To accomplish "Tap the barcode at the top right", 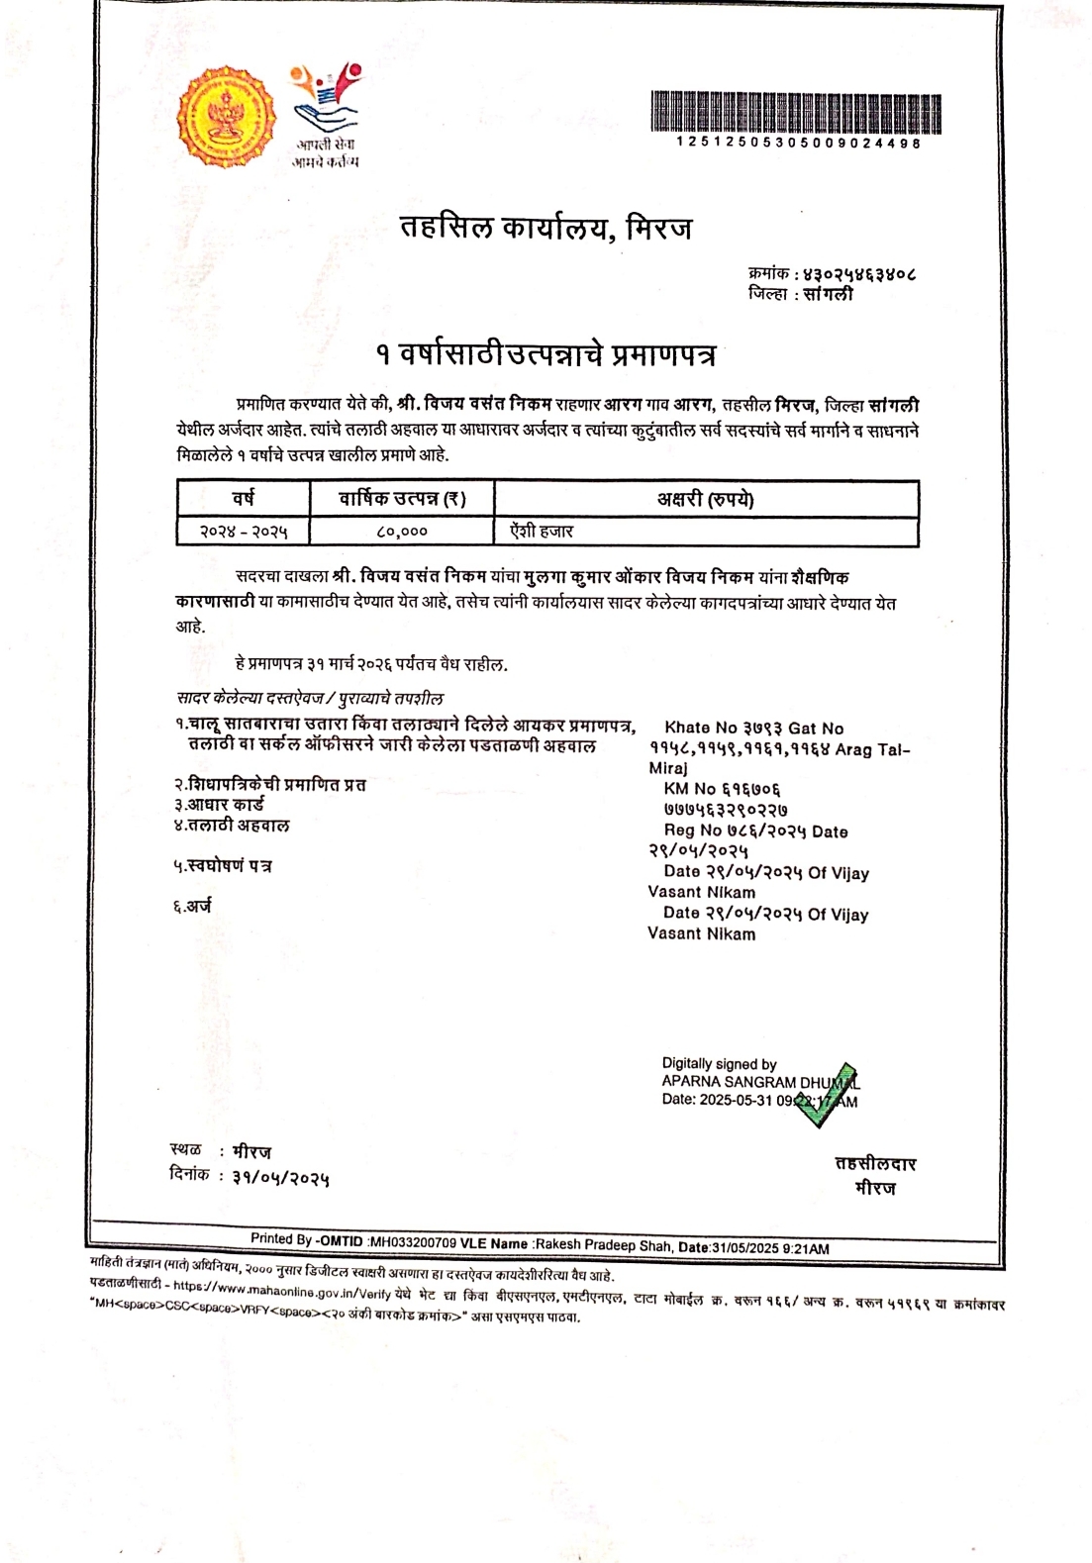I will [x=796, y=112].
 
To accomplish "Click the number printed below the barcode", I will [x=798, y=144].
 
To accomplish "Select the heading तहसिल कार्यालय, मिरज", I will [x=546, y=228].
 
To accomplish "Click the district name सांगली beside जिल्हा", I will [x=829, y=294].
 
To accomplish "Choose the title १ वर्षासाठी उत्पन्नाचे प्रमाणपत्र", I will [x=546, y=354].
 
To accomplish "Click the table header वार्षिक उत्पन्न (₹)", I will [x=402, y=499].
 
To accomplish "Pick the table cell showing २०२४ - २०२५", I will [x=244, y=532].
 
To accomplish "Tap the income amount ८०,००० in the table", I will [x=402, y=532].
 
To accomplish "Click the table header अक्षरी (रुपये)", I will [x=706, y=499].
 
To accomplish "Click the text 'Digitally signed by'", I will [x=719, y=1063].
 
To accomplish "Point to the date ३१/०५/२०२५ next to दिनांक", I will [x=281, y=1177].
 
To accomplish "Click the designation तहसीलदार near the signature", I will [x=875, y=1163].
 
